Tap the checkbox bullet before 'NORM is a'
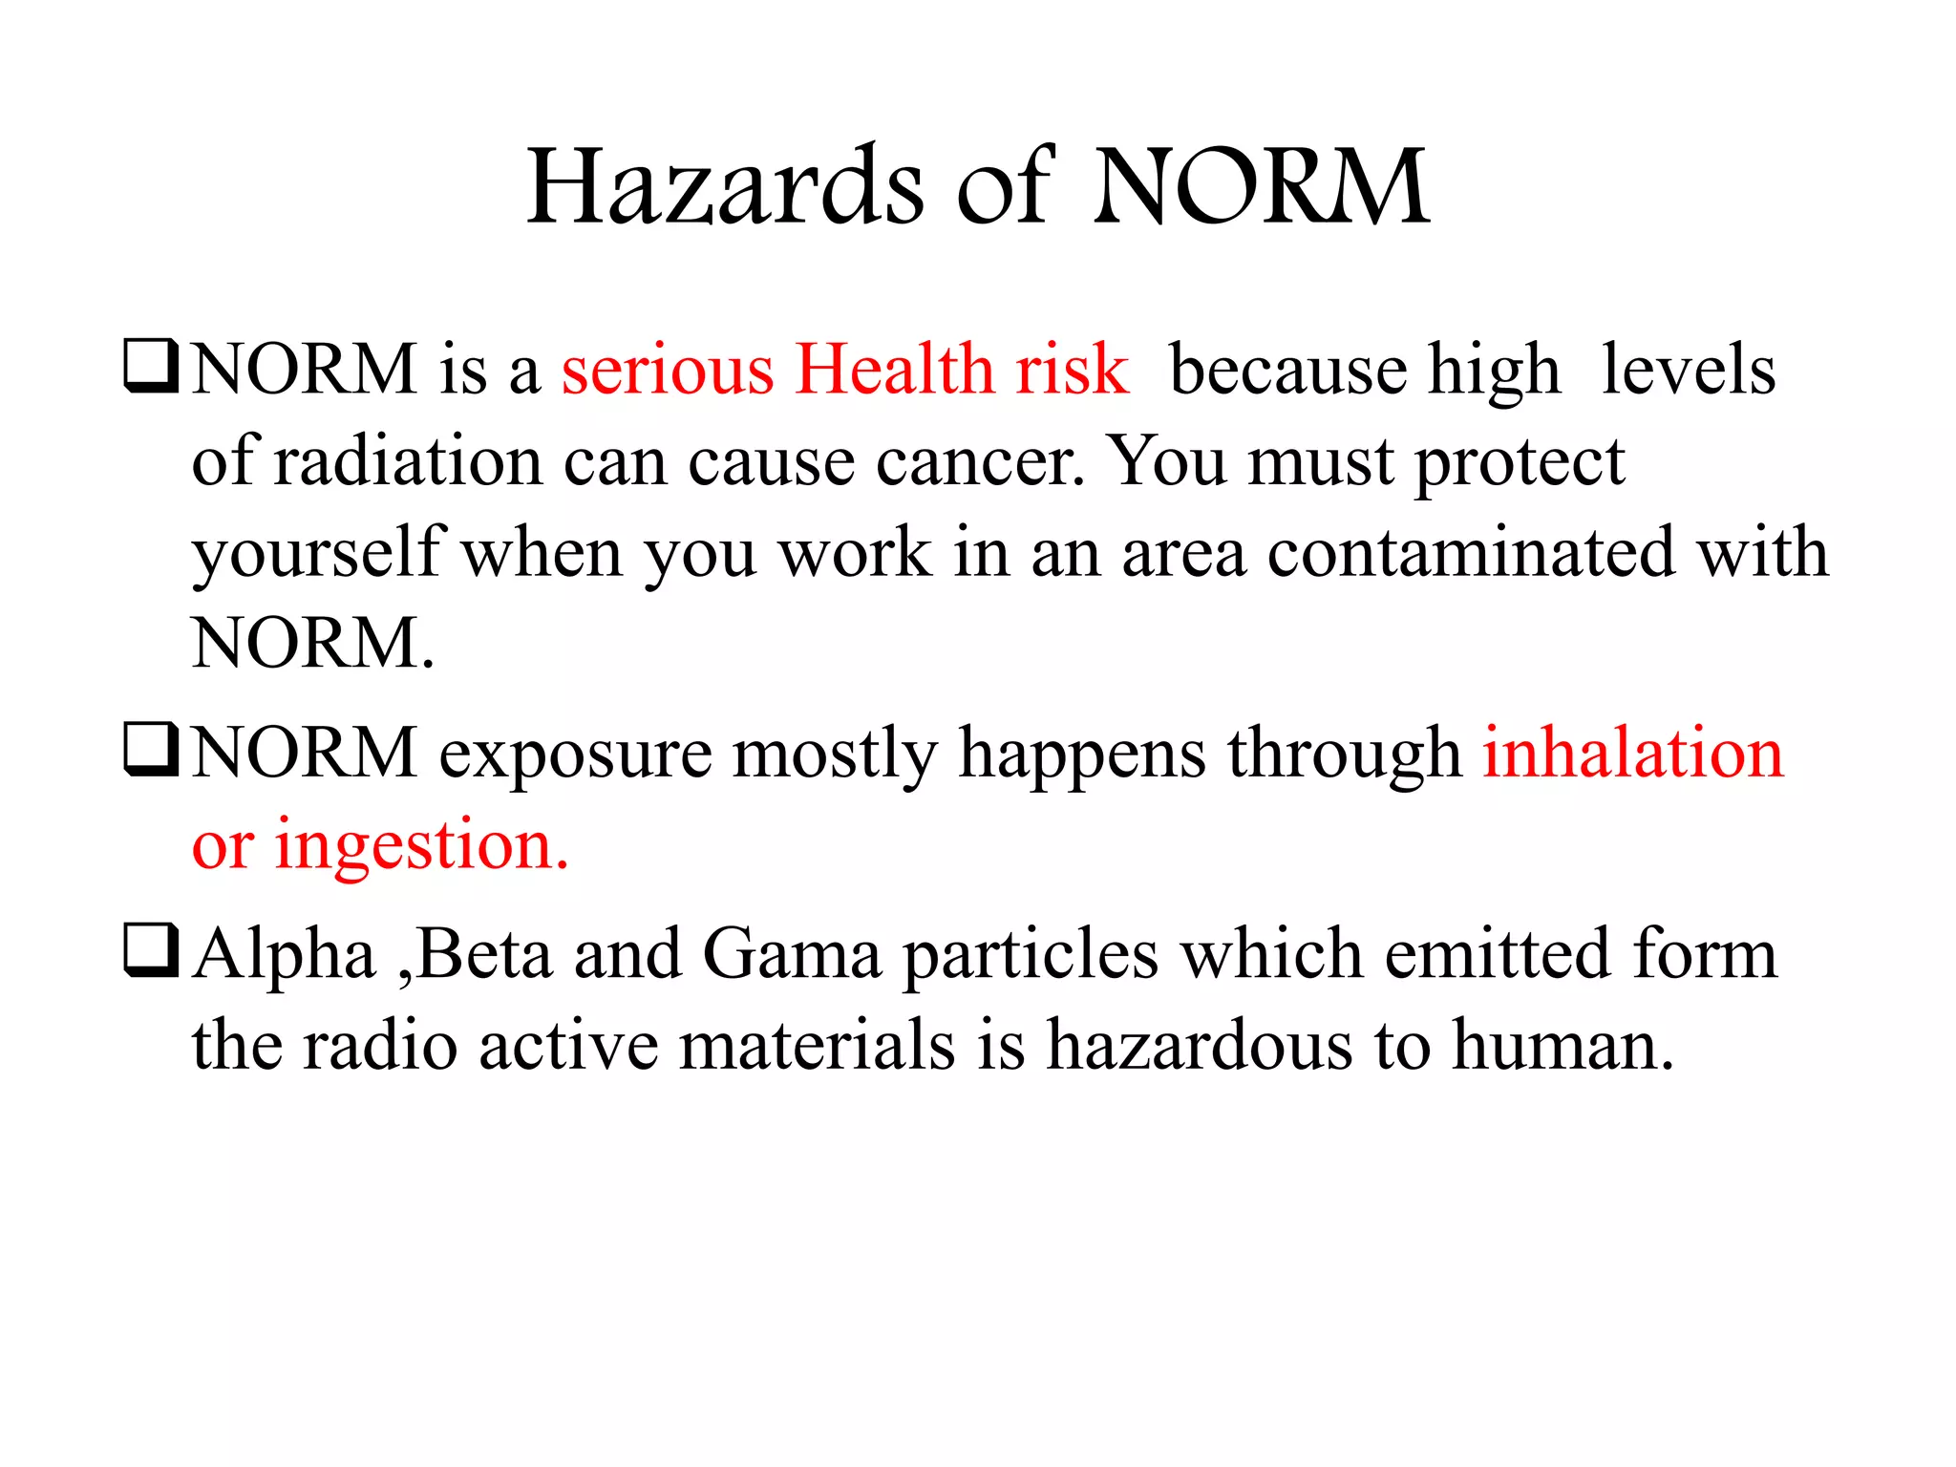point(151,367)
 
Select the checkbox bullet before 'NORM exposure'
point(151,751)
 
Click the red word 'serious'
point(667,370)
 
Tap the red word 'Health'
point(895,370)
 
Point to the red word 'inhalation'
point(1632,754)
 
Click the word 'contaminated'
point(1471,553)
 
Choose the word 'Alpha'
point(285,955)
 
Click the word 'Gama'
point(792,954)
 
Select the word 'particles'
point(1031,956)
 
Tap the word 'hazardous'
point(1200,1045)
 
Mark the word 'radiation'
point(409,461)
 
